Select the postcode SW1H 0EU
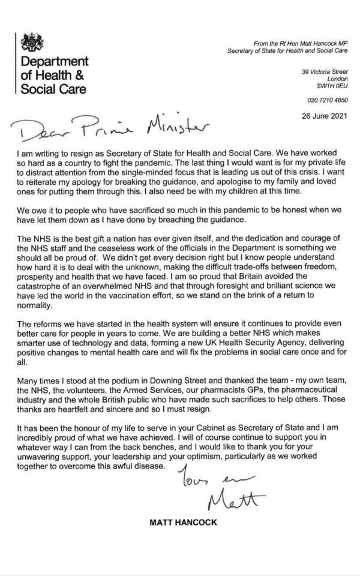(334, 86)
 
